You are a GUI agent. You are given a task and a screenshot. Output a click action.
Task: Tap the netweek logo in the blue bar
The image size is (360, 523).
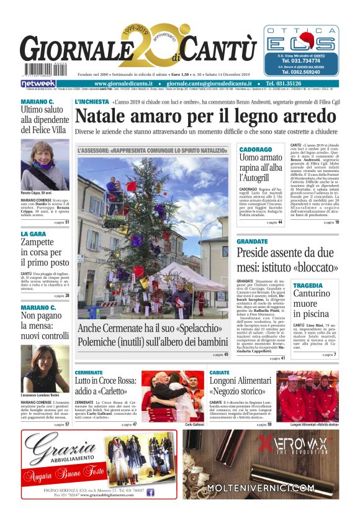[x=38, y=83]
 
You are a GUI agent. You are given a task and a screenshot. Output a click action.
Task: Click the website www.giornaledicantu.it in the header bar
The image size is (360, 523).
[x=127, y=83]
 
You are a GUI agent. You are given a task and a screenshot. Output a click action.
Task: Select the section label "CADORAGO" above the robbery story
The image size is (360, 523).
[x=255, y=150]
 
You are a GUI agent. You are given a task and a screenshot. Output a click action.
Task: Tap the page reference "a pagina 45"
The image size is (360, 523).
[x=220, y=355]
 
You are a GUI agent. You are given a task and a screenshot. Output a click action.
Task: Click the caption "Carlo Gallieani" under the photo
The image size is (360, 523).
[x=194, y=424]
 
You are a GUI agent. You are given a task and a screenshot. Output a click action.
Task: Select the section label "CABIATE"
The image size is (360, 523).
[x=219, y=373]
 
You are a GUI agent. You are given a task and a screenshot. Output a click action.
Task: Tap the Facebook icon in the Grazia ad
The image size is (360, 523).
[x=150, y=492]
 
